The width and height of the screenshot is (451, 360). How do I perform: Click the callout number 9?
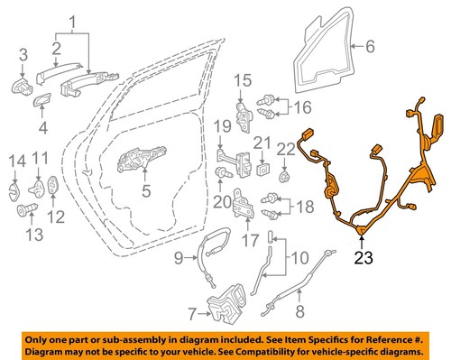(x=178, y=260)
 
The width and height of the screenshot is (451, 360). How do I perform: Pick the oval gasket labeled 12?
(x=53, y=187)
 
